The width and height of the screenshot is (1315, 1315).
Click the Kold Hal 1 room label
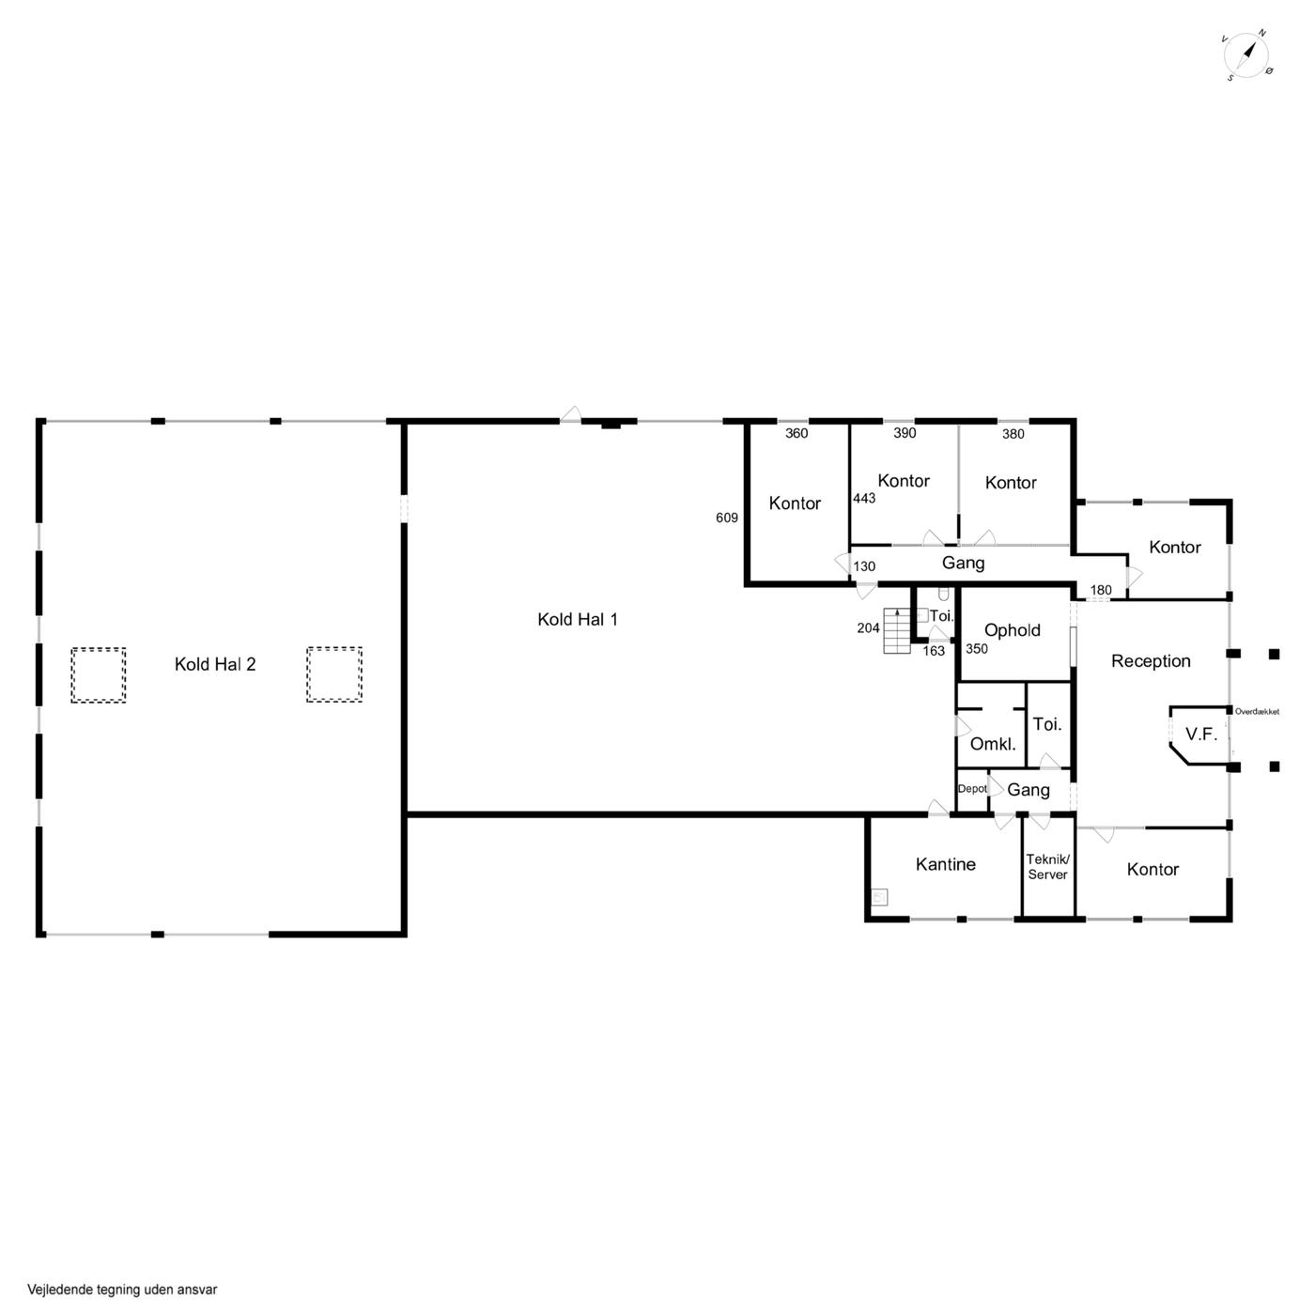578,620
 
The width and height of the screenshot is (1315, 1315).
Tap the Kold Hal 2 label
215,665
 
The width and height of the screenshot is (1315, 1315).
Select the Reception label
1151,661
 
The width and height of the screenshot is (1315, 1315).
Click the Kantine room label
945,864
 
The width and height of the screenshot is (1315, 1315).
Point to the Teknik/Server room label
1047,867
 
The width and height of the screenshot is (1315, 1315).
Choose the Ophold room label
1012,630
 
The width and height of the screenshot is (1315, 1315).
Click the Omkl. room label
993,744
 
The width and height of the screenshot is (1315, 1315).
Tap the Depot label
972,789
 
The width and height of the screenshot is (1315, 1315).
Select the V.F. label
1201,735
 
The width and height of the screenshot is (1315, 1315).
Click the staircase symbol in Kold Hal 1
897,630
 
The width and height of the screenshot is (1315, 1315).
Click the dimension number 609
727,518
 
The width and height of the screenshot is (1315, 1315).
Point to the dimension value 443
864,499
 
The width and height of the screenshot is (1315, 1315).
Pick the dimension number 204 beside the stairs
868,627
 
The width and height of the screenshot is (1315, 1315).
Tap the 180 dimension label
1101,590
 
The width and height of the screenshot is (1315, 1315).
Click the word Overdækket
1257,712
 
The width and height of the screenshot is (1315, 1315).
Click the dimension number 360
797,433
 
